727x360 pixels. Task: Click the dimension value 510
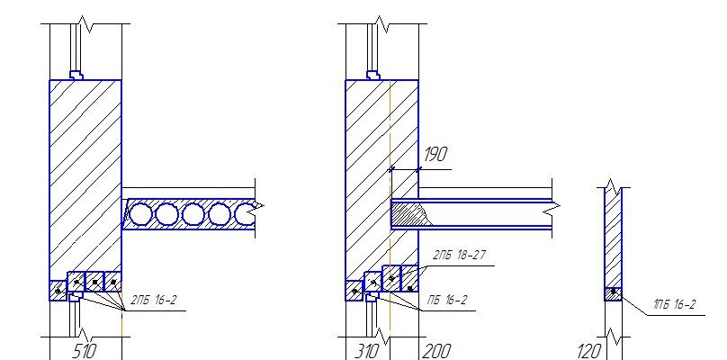tap(85, 351)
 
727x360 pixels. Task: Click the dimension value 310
tap(367, 351)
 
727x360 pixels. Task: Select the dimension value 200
tap(436, 351)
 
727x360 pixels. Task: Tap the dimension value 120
tap(588, 351)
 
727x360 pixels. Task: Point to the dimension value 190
tap(435, 155)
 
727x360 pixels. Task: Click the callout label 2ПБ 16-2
tap(154, 301)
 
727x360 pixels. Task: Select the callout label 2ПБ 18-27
tap(459, 255)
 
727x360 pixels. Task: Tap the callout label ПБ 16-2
tap(447, 301)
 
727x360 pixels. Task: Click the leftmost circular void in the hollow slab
tap(139, 215)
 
